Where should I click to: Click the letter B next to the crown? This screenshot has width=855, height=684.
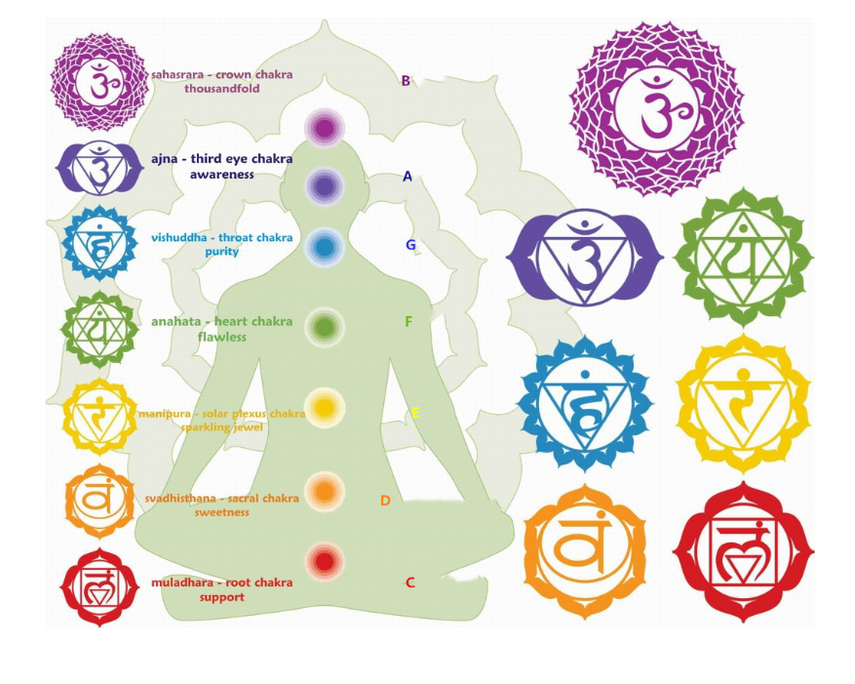click(406, 81)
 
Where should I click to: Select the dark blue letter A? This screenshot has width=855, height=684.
click(408, 177)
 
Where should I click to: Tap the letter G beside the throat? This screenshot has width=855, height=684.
click(410, 245)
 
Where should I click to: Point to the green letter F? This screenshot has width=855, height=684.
click(408, 322)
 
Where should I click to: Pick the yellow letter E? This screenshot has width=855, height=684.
click(414, 413)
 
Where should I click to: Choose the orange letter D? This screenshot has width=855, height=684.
click(385, 501)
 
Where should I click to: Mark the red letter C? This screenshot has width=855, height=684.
click(409, 583)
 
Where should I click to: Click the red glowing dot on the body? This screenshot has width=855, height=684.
click(325, 560)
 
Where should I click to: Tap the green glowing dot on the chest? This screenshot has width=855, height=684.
click(325, 326)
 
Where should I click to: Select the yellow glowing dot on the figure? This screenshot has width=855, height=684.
click(325, 405)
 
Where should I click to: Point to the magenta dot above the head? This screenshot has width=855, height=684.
click(325, 127)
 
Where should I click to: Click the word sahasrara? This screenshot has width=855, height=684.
click(179, 75)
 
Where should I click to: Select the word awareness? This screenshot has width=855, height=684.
click(221, 175)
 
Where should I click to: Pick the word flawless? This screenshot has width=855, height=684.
click(221, 338)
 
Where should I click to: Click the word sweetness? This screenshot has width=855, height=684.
click(221, 512)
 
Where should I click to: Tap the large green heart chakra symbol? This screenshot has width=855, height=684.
click(743, 258)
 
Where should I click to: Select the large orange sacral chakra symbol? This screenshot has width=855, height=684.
click(585, 551)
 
